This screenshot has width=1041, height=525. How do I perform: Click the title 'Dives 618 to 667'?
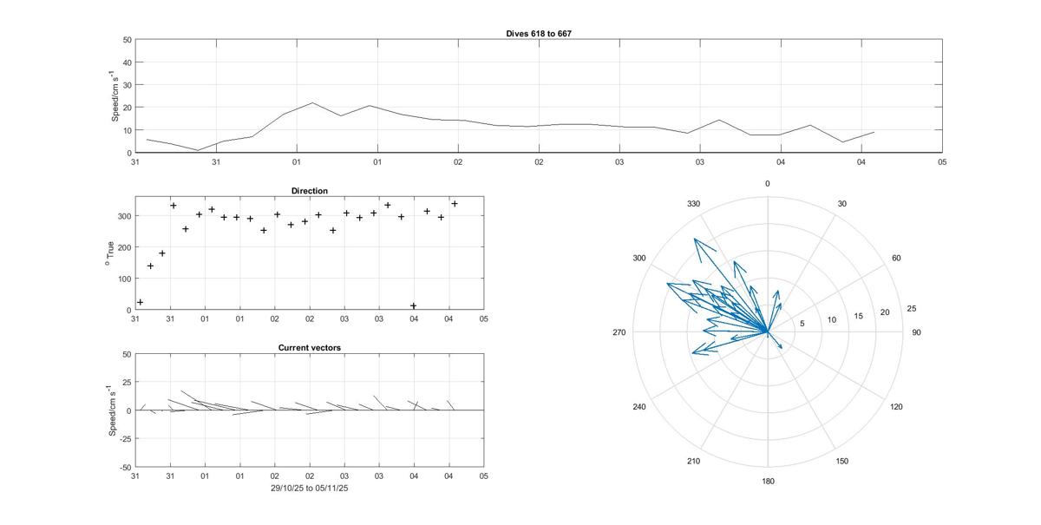point(538,33)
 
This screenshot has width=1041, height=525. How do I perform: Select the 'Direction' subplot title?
point(310,190)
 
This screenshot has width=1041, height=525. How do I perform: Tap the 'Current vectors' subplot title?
point(310,348)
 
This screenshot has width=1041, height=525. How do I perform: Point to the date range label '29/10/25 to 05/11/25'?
point(310,488)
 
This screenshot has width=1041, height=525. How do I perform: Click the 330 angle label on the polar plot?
point(693,204)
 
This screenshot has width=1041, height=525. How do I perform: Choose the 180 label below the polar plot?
point(768,482)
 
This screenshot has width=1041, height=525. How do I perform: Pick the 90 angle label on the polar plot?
point(916,332)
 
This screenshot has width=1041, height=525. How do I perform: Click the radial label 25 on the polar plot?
point(912,309)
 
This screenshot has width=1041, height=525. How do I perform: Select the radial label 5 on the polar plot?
point(802,324)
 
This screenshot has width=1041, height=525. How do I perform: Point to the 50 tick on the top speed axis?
point(127,40)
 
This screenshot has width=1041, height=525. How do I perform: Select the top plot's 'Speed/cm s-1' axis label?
point(115,96)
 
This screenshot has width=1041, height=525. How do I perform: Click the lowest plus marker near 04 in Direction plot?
point(413,305)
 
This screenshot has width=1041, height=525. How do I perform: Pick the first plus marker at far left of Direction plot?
point(141,302)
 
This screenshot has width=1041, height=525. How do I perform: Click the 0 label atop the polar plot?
point(768,184)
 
